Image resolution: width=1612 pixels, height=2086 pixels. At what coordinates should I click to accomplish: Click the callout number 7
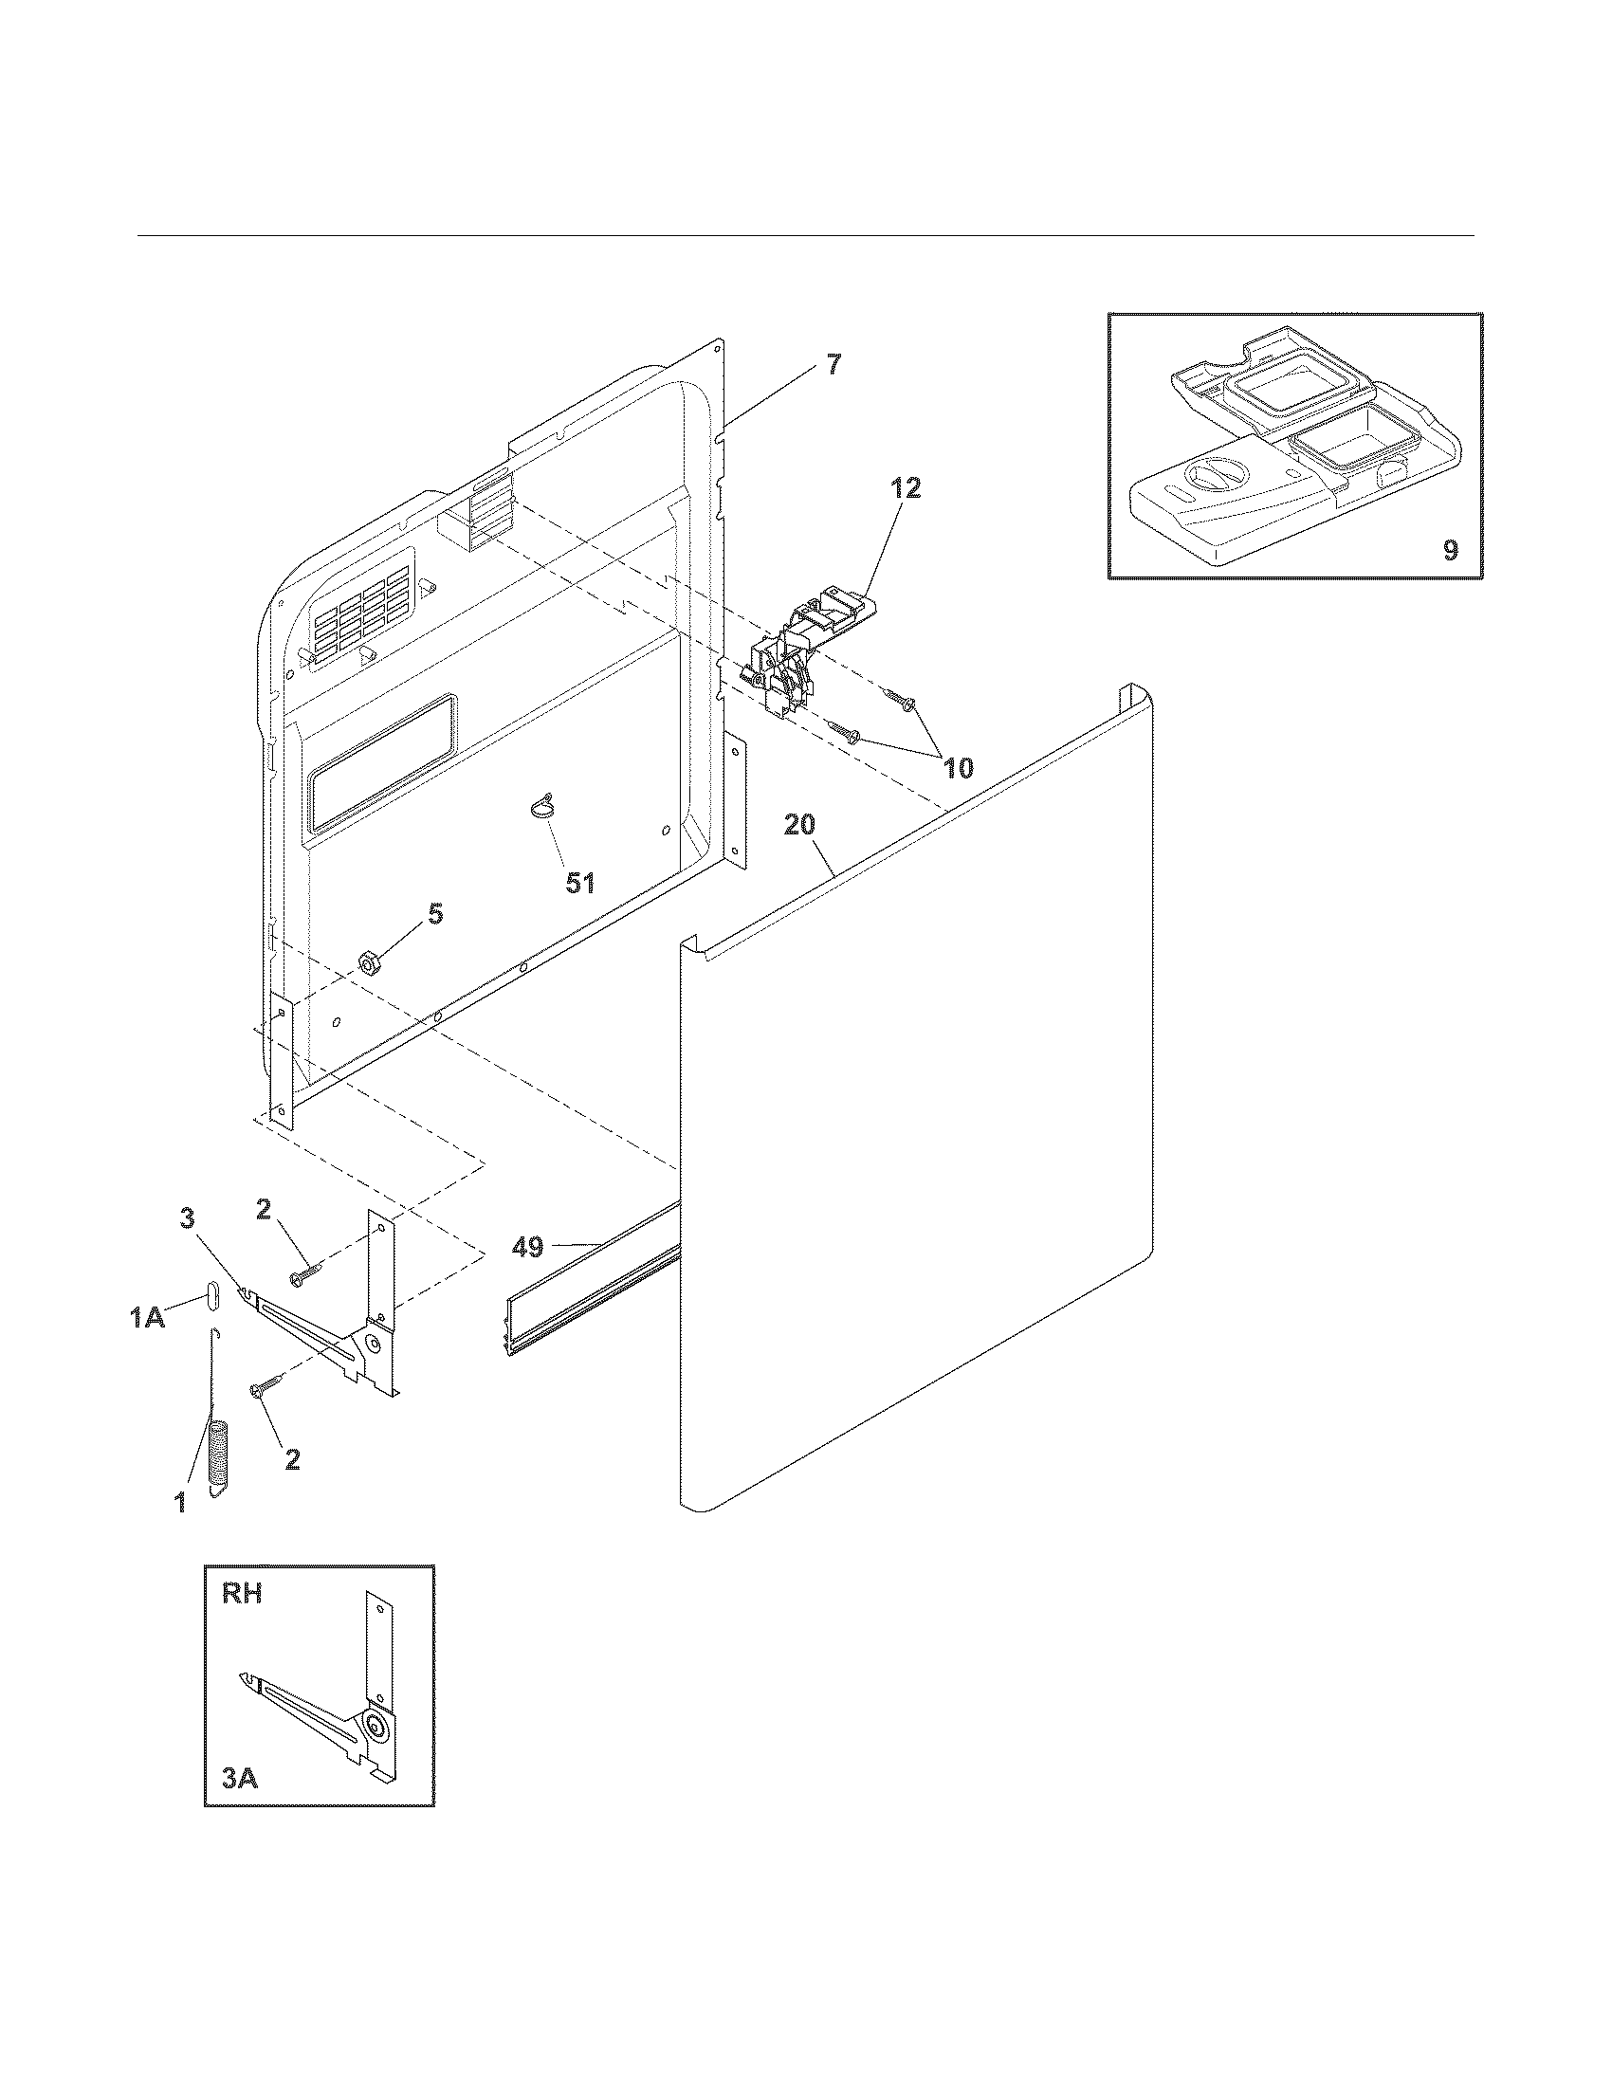(x=833, y=364)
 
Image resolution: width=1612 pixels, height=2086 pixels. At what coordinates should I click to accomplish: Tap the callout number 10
(x=958, y=767)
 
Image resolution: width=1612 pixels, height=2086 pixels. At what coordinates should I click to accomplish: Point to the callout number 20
(x=799, y=824)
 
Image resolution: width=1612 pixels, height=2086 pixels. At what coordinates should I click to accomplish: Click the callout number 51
(x=579, y=883)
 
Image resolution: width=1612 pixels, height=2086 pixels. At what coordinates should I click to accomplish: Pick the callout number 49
(x=527, y=1246)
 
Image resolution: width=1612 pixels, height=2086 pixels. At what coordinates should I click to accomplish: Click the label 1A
(x=148, y=1318)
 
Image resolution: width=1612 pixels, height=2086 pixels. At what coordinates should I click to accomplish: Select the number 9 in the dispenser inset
(x=1450, y=550)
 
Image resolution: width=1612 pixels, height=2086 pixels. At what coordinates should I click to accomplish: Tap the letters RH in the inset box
(x=242, y=1594)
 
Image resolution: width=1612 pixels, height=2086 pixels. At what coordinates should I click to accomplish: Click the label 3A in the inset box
(x=242, y=1779)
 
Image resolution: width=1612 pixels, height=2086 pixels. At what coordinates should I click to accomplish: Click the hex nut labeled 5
(x=367, y=961)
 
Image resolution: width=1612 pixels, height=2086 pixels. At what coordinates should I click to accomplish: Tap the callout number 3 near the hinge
(x=187, y=1217)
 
